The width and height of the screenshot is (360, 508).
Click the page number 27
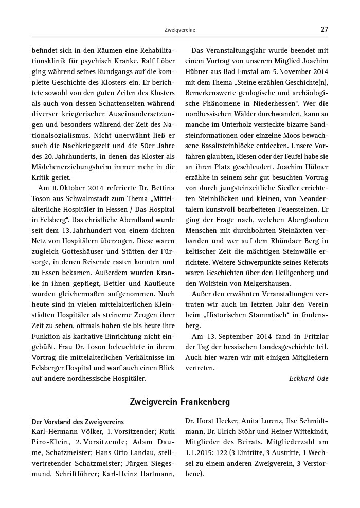pos(324,30)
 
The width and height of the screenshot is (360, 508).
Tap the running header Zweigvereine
pos(179,30)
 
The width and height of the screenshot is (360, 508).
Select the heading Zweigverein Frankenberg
pos(179,401)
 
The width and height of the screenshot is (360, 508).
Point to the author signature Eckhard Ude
pos(309,378)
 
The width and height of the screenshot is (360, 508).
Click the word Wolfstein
pos(212,283)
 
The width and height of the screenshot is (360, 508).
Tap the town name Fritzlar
pos(313,336)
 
